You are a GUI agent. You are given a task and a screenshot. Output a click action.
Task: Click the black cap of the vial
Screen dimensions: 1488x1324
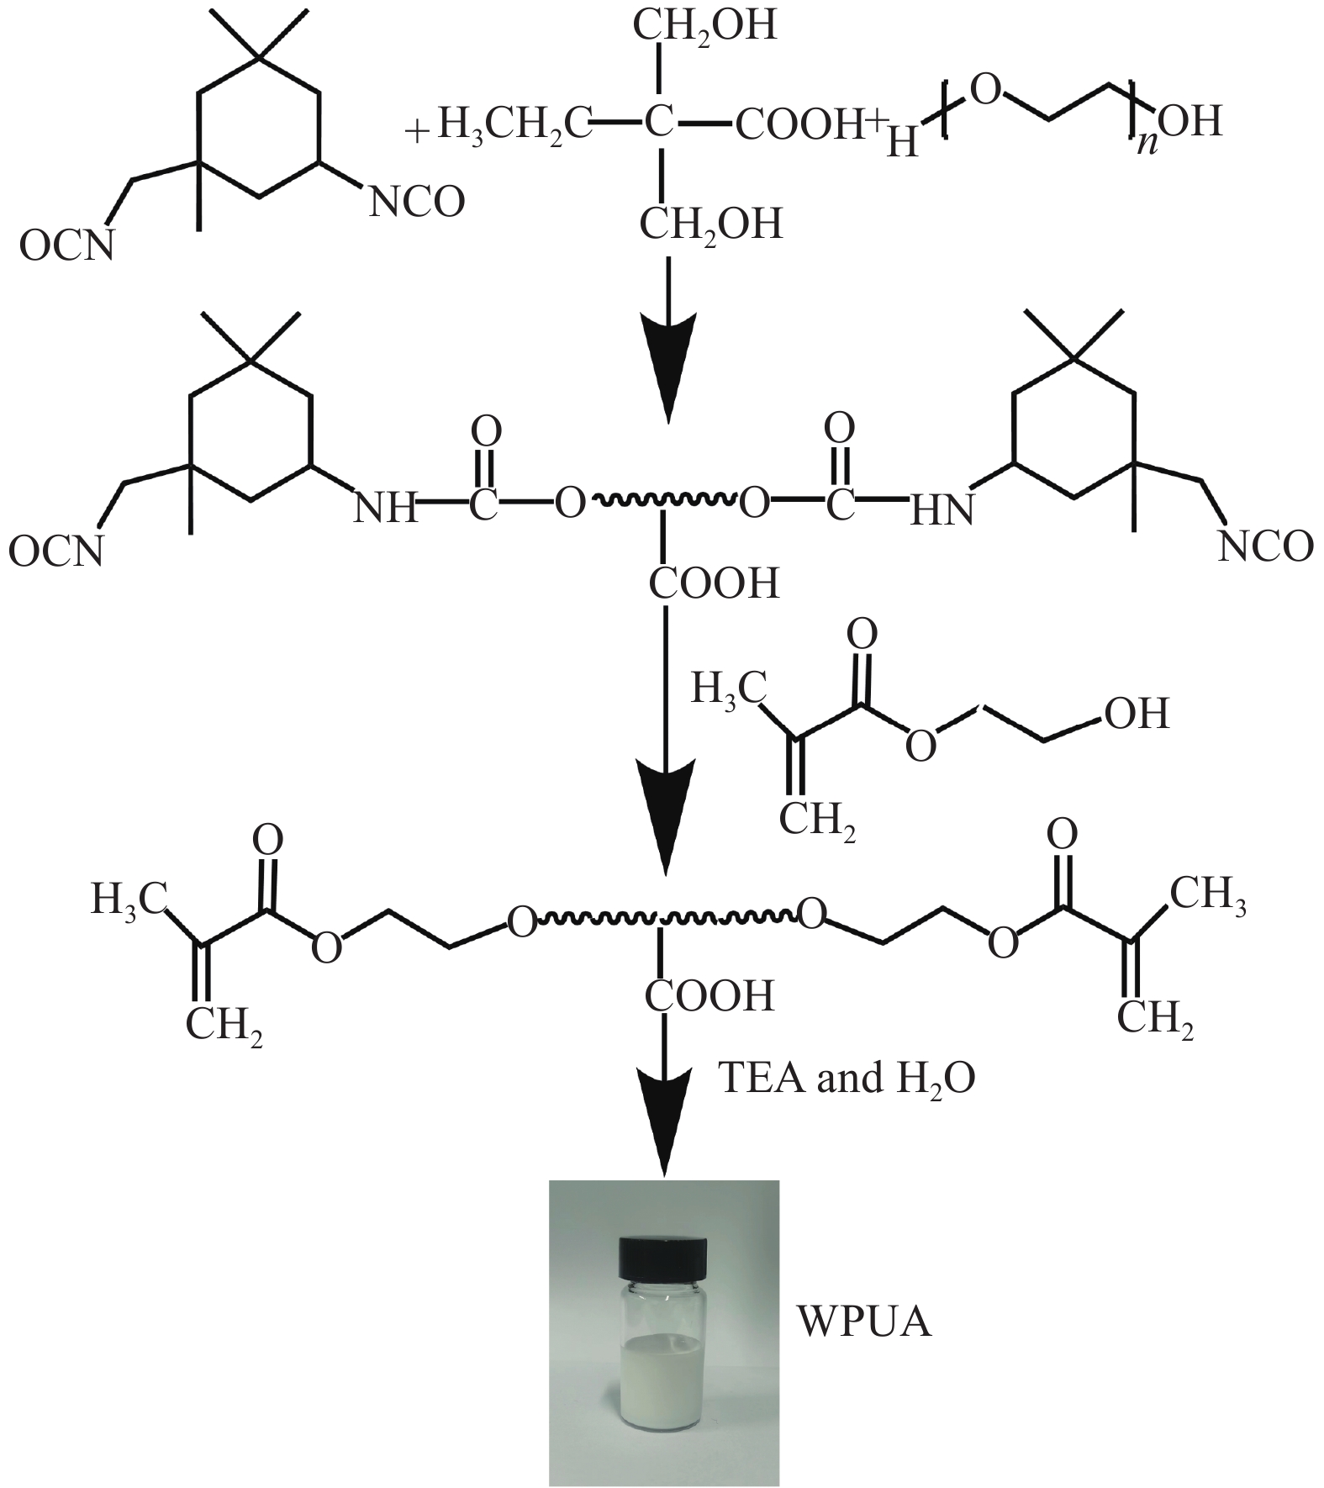pyautogui.click(x=664, y=1256)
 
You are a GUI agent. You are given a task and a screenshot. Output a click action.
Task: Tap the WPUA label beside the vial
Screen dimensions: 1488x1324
pyautogui.click(x=864, y=1322)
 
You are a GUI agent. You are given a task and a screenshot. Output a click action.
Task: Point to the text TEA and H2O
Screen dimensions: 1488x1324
pyautogui.click(x=846, y=1079)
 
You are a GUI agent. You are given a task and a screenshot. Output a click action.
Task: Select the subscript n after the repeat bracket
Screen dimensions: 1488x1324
pyautogui.click(x=1144, y=143)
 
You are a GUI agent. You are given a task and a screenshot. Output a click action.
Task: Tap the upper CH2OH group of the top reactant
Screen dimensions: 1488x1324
pyautogui.click(x=704, y=26)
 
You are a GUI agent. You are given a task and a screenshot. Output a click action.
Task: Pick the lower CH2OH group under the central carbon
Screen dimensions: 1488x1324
pyautogui.click(x=710, y=225)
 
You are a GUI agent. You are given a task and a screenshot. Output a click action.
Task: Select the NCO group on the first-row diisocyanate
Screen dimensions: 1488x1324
pyautogui.click(x=417, y=203)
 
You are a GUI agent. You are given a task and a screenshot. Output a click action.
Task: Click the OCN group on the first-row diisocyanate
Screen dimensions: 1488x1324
pyautogui.click(x=66, y=246)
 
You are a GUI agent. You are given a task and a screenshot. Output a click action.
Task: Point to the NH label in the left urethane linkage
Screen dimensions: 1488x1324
pyautogui.click(x=384, y=508)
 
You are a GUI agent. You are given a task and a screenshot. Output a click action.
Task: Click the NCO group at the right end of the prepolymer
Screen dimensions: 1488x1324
pyautogui.click(x=1265, y=546)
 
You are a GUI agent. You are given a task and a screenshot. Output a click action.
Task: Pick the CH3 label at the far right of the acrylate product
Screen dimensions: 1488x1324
pyautogui.click(x=1208, y=895)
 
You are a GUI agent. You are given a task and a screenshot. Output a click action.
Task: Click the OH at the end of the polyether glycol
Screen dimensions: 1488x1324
pyautogui.click(x=1190, y=123)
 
